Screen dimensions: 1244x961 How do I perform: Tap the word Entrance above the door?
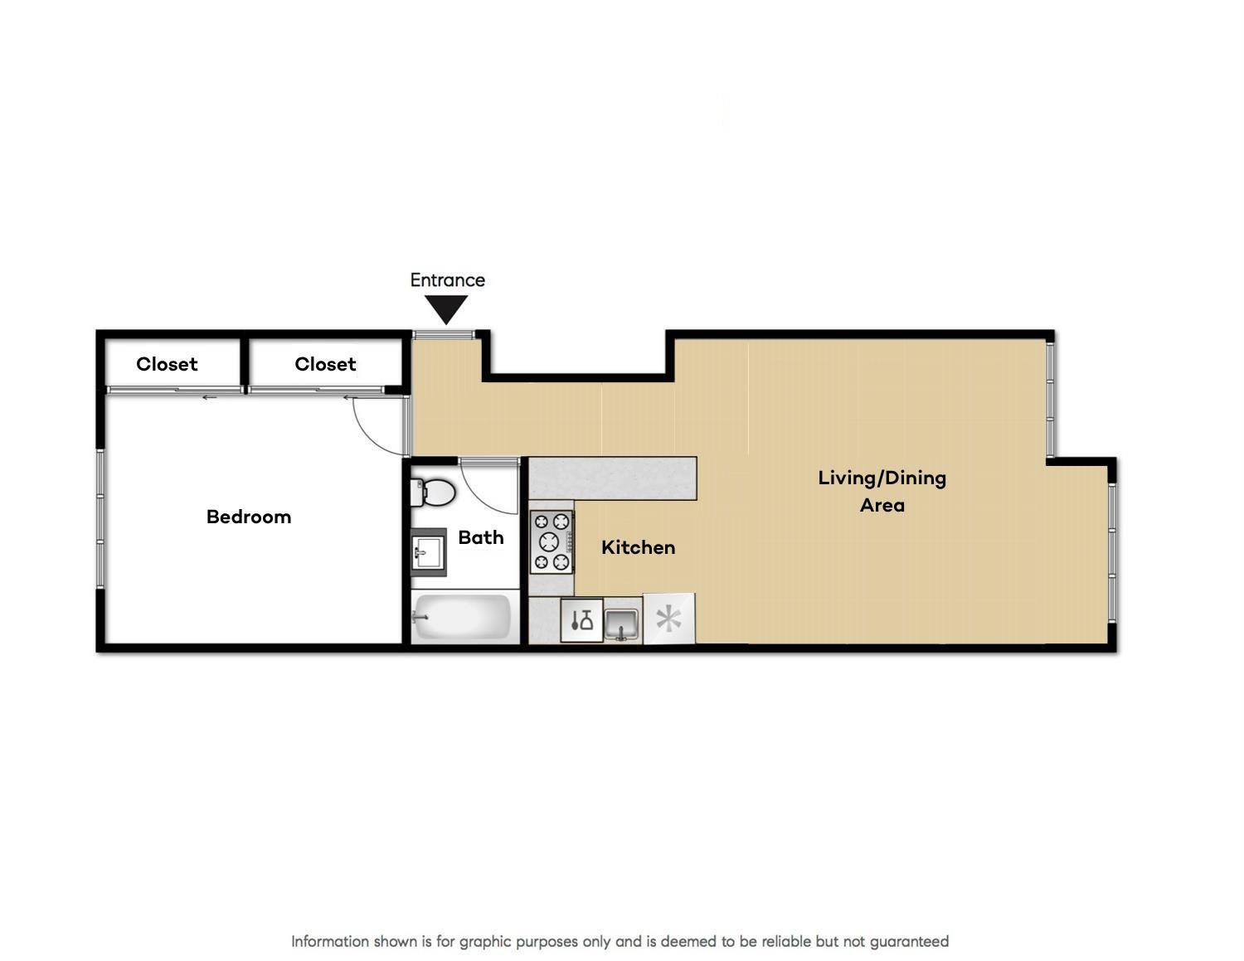point(447,280)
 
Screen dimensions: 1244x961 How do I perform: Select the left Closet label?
point(167,364)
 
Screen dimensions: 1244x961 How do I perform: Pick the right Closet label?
point(325,364)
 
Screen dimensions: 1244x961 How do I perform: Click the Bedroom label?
point(249,517)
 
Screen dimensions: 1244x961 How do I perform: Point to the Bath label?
point(481,537)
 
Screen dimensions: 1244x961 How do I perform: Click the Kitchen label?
point(639,548)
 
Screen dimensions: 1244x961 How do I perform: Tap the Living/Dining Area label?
point(882,492)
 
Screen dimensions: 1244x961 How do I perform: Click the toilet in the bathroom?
point(433,493)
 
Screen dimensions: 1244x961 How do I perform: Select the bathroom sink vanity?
point(429,552)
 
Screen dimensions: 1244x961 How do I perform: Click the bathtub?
point(461,617)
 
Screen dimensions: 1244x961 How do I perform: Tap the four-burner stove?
point(552,541)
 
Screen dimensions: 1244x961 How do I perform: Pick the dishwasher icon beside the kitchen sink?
point(581,620)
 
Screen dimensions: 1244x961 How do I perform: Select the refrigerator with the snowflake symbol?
point(669,619)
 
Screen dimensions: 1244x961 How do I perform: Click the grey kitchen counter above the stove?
point(613,478)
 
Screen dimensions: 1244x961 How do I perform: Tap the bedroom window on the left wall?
point(100,518)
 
